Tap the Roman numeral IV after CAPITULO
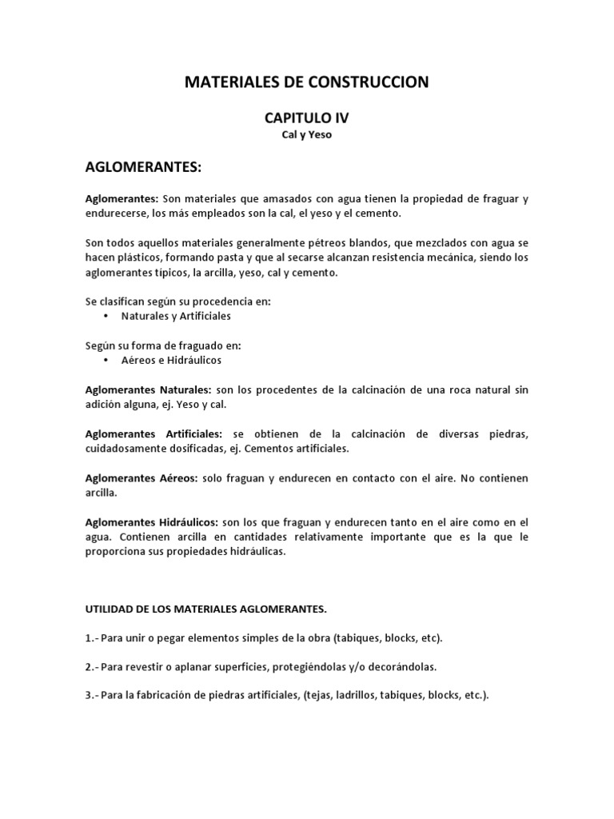pyautogui.click(x=339, y=118)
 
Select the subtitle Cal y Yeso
pyautogui.click(x=307, y=135)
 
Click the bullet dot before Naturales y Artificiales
pyautogui.click(x=106, y=316)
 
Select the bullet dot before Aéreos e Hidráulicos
pyautogui.click(x=106, y=361)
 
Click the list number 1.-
pyautogui.click(x=93, y=638)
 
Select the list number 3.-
pyautogui.click(x=93, y=696)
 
